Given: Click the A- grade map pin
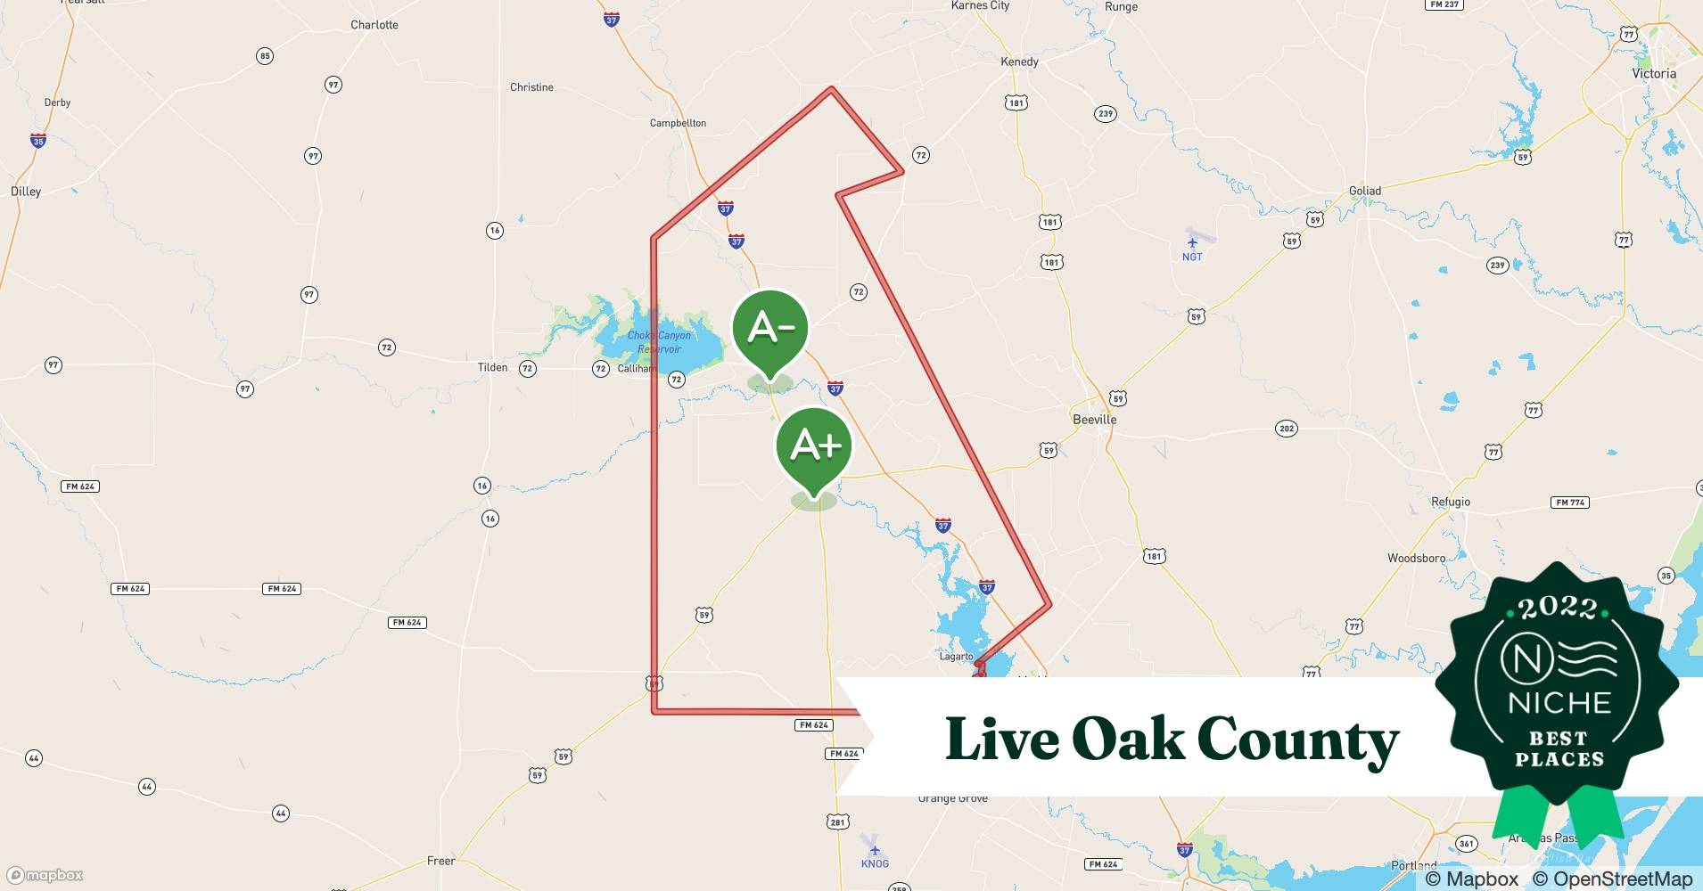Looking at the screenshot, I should coord(770,330).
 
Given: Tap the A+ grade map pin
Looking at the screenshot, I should coord(814,445).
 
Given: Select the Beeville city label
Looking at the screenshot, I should coord(1094,419).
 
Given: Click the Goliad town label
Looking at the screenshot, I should coord(1364,191).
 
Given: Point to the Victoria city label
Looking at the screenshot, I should coord(1654,74).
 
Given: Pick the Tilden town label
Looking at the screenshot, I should coord(492,367).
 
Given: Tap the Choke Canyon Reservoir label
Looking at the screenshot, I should coord(659,342).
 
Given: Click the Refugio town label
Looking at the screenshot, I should coord(1451,502).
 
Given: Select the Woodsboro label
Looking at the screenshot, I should coord(1416,558).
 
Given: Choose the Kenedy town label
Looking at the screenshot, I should coord(1019,61).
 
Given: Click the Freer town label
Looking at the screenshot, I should coord(440,861).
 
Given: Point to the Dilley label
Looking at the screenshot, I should coord(26,192).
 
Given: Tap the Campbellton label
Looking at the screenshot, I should coord(678,123).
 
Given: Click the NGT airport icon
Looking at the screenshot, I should coord(1192,242).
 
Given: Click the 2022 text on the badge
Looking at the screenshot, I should coord(1558,608).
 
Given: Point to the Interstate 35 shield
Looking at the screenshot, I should coord(37,141).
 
